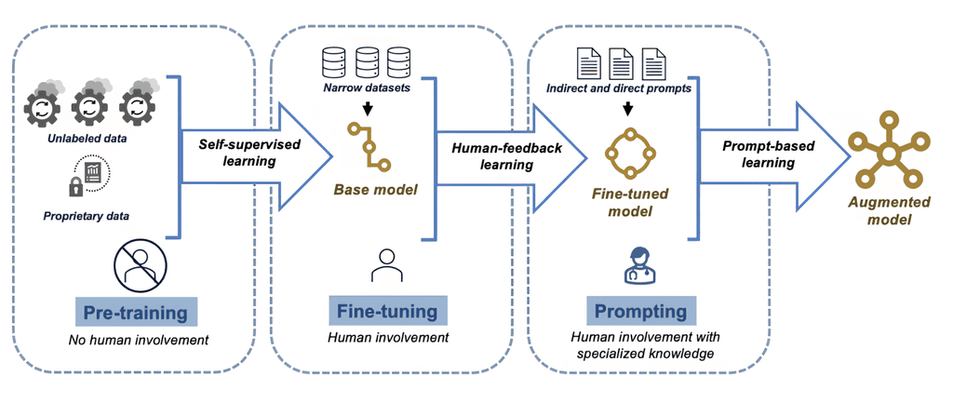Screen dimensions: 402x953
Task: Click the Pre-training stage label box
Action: click(138, 311)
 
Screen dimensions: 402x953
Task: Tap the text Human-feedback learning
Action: click(492, 155)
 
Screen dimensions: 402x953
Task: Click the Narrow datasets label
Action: click(368, 88)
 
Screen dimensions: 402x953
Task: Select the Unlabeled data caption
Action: click(90, 139)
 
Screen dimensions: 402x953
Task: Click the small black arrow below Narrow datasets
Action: click(368, 109)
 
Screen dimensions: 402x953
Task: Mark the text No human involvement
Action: click(138, 340)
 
